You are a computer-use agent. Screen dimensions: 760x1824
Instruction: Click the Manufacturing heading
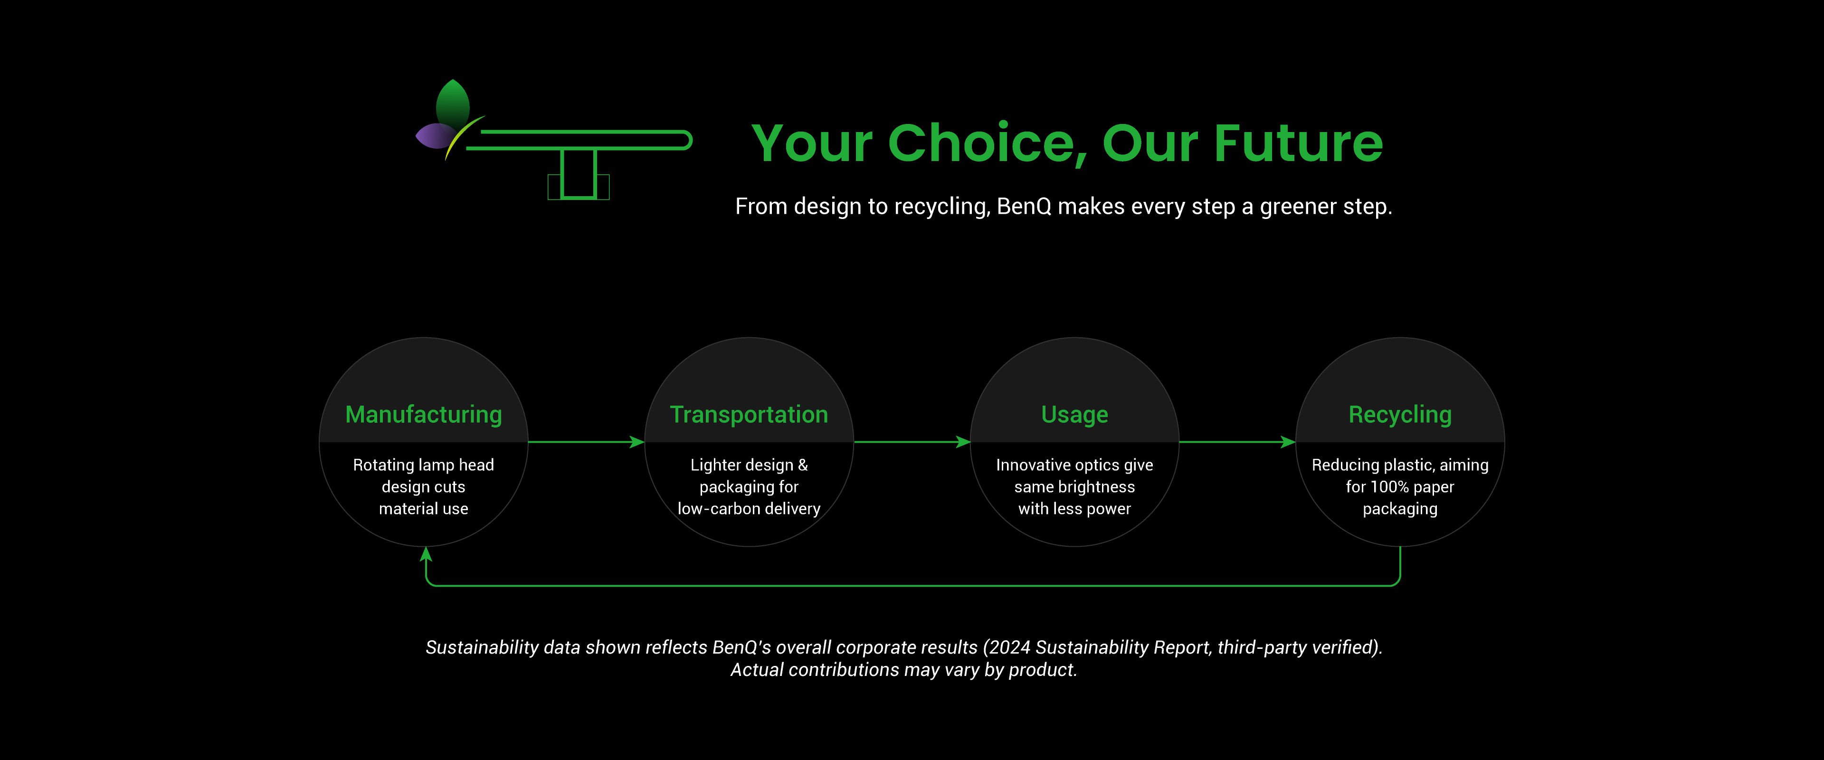point(423,414)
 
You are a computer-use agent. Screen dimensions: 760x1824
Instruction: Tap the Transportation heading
point(749,414)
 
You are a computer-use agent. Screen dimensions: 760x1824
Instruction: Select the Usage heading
point(1074,414)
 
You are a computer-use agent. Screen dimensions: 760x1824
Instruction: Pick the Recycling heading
point(1400,414)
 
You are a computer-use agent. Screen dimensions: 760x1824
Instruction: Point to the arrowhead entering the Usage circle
point(963,442)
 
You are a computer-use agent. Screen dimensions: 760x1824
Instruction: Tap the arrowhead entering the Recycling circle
point(1289,442)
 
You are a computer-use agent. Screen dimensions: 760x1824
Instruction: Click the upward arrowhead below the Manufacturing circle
point(426,554)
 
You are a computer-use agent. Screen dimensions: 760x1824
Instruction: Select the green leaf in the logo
point(453,104)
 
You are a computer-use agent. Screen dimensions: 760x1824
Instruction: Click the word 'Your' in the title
point(811,144)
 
